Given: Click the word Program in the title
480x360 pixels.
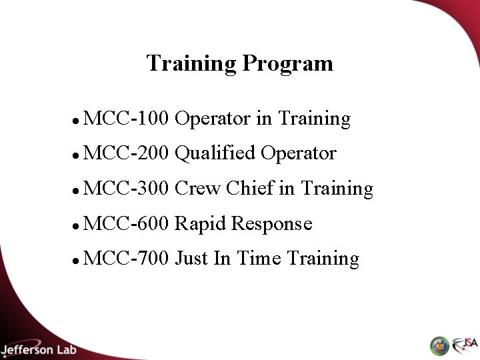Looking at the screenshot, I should (x=288, y=64).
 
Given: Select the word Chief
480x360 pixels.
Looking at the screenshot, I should (x=251, y=189).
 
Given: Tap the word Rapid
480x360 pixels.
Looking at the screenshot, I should (x=200, y=223).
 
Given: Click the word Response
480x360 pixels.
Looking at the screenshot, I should (x=271, y=223).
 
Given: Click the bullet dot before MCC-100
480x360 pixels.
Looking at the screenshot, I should (x=78, y=121).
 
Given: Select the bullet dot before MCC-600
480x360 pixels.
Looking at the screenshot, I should (x=78, y=225).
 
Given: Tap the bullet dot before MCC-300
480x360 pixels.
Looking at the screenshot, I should (x=78, y=191).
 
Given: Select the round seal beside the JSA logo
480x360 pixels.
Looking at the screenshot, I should (x=439, y=345).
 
